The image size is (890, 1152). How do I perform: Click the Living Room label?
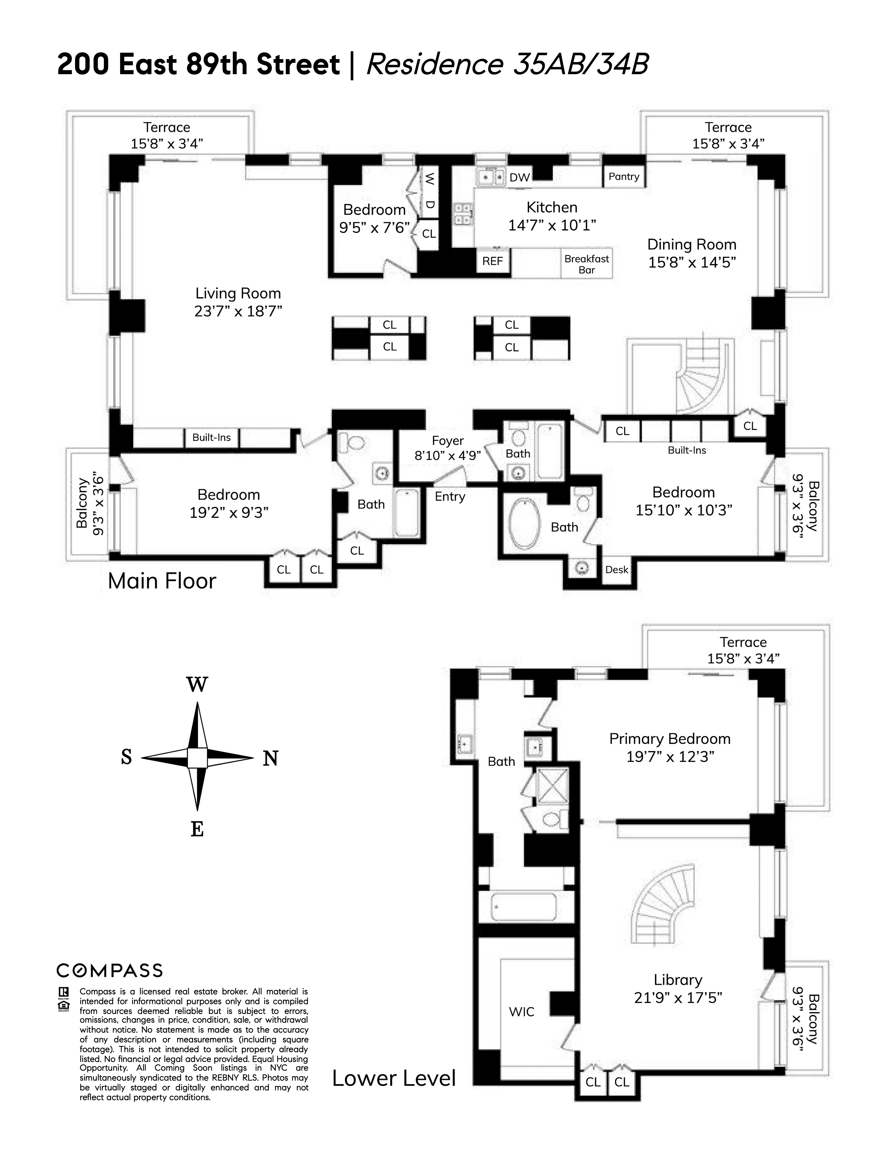point(238,293)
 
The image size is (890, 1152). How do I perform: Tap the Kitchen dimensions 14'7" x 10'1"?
point(552,225)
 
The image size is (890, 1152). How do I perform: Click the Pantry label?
point(624,177)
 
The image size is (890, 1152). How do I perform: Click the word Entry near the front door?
point(450,496)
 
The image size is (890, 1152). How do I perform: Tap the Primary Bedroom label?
point(670,739)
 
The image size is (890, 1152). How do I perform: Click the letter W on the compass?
point(197,685)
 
